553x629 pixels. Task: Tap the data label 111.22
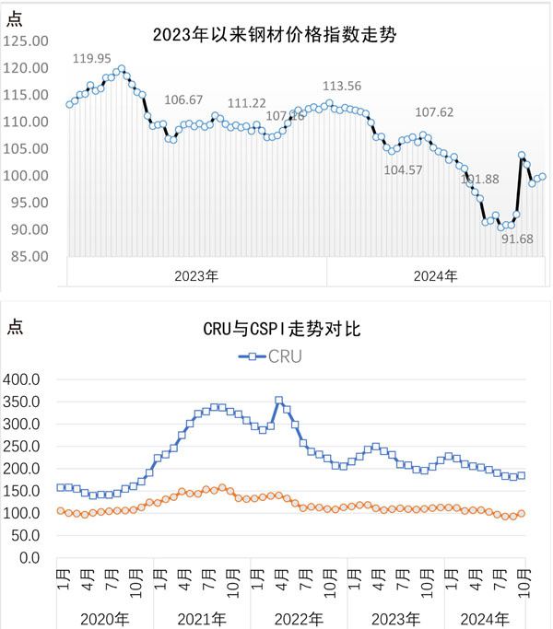247,103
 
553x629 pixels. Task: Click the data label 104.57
403,169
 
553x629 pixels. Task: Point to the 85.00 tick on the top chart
28,256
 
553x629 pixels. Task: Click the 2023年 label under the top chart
197,274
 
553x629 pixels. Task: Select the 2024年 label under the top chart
434,274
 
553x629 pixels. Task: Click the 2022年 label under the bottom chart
299,616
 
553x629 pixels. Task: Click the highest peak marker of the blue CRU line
279,401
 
